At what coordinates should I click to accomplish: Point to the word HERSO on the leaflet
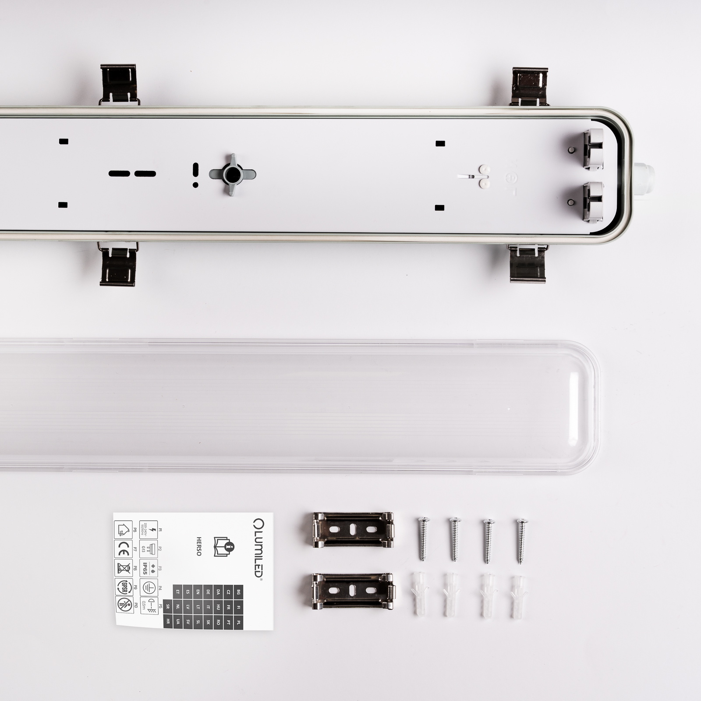point(199,546)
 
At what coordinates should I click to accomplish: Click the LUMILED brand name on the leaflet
point(258,548)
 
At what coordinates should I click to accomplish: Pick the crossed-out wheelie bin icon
point(124,568)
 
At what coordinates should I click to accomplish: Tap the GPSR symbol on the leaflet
point(124,587)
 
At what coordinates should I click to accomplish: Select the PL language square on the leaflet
point(238,622)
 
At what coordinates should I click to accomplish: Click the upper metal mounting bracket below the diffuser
point(353,530)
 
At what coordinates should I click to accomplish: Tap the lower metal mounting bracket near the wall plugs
point(353,591)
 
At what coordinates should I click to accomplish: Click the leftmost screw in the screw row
point(423,539)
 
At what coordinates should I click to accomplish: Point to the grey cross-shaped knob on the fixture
point(232,175)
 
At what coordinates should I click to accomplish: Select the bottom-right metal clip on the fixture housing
point(528,264)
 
